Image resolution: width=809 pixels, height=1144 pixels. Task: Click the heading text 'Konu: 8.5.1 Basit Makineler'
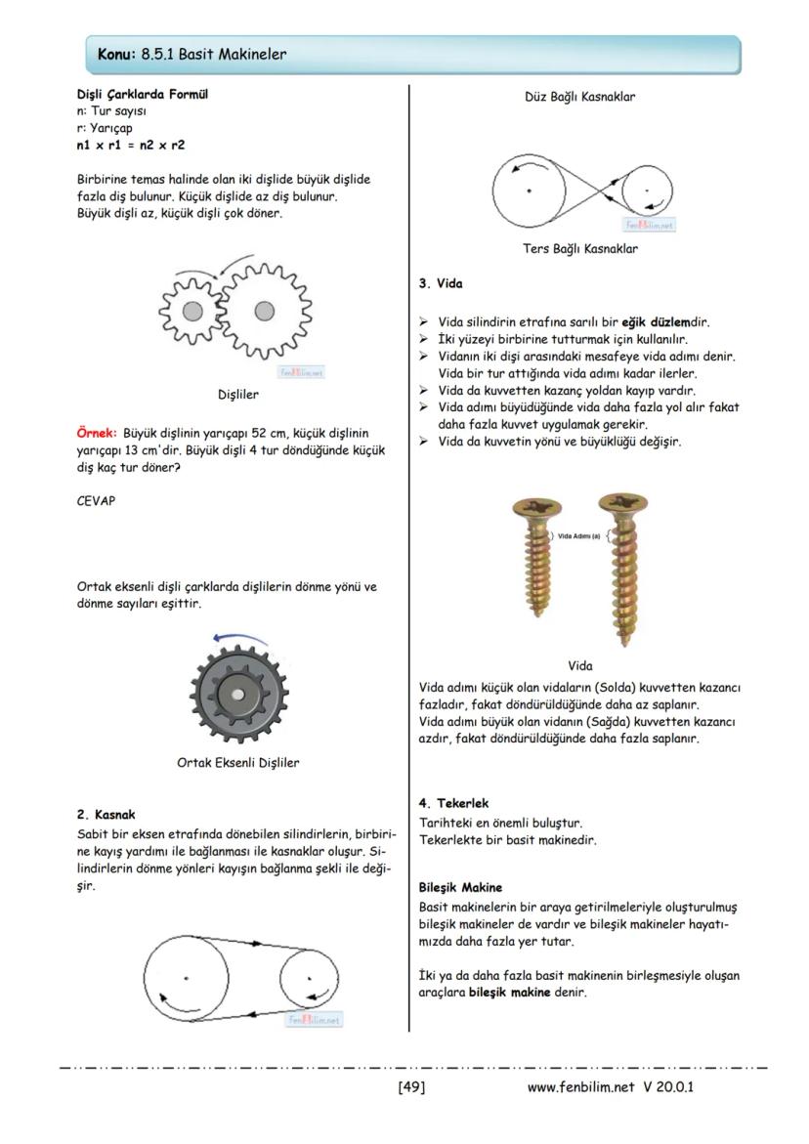(192, 55)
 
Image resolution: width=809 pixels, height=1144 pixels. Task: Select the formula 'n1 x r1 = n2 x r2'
(130, 145)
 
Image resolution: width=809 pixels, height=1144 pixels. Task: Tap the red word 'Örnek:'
(97, 431)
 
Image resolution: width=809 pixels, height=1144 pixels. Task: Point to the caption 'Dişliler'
(238, 396)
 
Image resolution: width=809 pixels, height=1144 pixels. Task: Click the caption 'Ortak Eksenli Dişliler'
(238, 763)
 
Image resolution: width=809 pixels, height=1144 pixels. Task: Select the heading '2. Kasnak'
(106, 814)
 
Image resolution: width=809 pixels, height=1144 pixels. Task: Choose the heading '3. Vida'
(441, 283)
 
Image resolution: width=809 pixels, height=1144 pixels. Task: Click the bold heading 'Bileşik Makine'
(460, 887)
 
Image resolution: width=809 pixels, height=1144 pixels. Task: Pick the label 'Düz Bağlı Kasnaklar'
(580, 97)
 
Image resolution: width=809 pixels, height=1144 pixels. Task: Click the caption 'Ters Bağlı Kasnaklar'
(580, 249)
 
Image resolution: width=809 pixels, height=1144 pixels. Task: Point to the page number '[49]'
(411, 1086)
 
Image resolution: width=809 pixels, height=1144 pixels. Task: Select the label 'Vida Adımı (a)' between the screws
(578, 535)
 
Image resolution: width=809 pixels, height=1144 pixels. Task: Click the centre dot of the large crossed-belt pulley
(529, 190)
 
